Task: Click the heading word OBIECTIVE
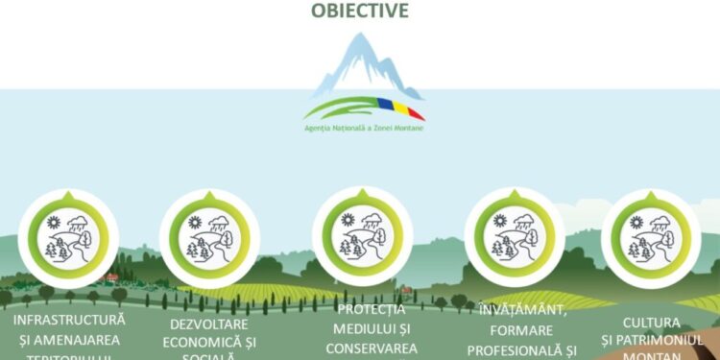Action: pos(360,11)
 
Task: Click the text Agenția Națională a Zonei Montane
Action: pos(363,127)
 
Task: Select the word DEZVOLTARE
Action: pos(209,324)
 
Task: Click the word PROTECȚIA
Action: pos(372,309)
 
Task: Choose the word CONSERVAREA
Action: pos(372,348)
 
